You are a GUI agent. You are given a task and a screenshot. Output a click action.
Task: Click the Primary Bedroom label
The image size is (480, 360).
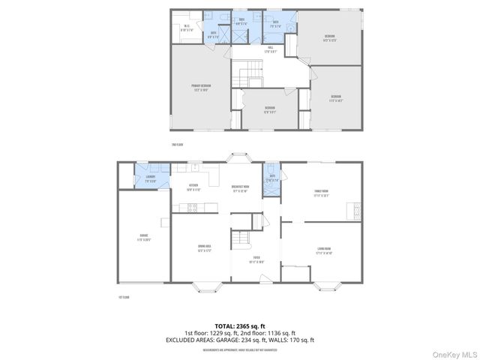(x=200, y=88)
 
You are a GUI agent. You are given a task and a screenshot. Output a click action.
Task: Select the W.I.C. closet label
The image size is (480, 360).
(x=187, y=27)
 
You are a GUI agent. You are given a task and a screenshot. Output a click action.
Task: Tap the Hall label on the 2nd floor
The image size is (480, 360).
(x=269, y=50)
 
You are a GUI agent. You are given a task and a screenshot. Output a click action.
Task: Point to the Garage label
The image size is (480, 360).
(x=142, y=241)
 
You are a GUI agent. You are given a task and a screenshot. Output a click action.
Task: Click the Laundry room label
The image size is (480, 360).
(x=151, y=178)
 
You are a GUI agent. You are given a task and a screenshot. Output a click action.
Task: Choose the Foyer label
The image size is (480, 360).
(x=257, y=261)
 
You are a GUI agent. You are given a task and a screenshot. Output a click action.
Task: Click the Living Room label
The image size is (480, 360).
(x=324, y=252)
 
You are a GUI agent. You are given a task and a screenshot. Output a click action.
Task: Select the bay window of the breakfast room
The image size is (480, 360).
(x=240, y=157)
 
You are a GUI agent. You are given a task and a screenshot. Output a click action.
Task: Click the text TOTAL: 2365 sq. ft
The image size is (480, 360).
(x=240, y=326)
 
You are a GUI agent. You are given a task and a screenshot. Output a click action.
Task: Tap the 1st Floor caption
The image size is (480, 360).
(x=124, y=298)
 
